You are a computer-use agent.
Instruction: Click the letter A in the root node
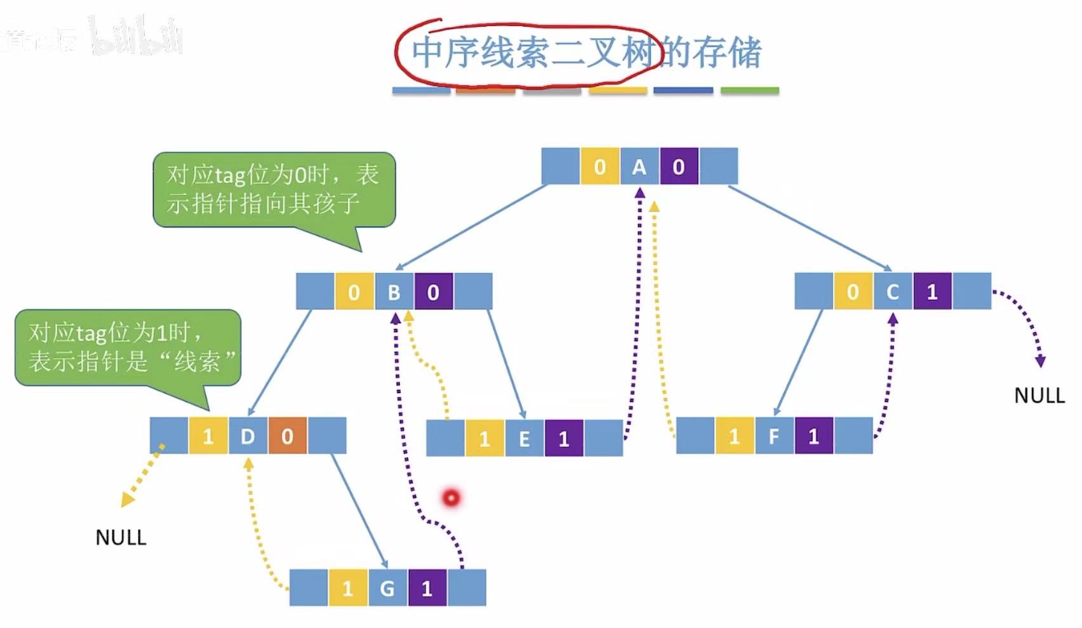pos(639,167)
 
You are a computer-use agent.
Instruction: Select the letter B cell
pos(394,292)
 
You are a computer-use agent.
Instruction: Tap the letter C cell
pos(892,292)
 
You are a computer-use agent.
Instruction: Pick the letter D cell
pos(248,436)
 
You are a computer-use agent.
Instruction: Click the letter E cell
pos(524,439)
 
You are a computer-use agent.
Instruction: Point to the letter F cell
pos(774,436)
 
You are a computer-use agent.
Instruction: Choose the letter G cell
pos(387,588)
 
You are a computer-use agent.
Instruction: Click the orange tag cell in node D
pos(287,436)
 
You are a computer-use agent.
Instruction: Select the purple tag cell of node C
pos(932,292)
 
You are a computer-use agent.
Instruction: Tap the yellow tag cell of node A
pos(599,167)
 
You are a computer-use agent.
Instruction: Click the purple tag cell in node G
pos(427,588)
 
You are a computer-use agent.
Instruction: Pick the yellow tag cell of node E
pos(484,439)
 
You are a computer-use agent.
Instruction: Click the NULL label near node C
pos(1039,396)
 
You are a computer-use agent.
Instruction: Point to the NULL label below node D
pos(121,538)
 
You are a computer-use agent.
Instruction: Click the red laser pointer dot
pos(451,498)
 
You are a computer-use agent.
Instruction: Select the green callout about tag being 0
pos(274,189)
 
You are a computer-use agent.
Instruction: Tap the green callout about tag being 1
pos(128,347)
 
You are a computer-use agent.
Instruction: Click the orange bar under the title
pos(485,91)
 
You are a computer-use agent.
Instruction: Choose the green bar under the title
pos(749,91)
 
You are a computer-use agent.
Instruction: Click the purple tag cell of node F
pos(813,436)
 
